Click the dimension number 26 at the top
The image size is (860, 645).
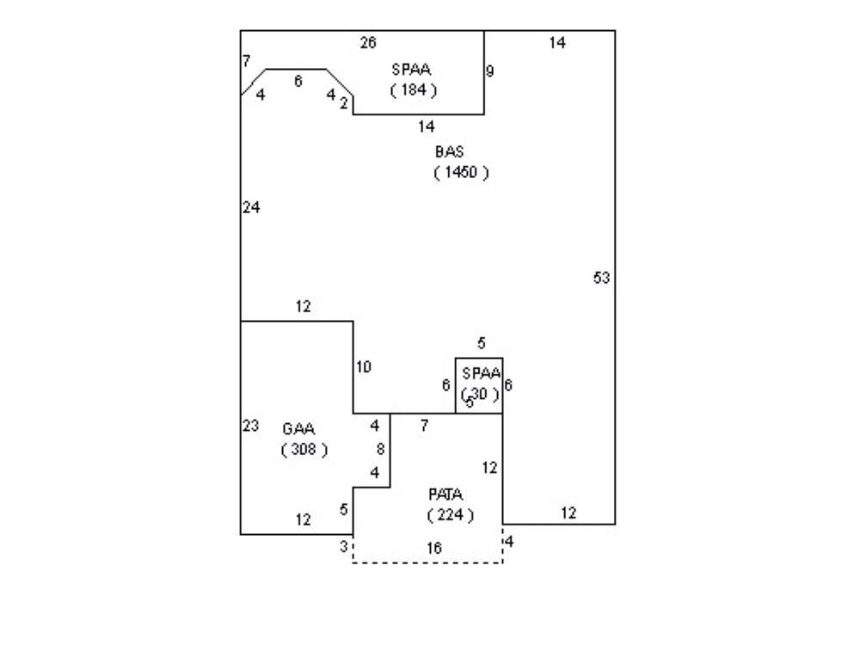pos(368,42)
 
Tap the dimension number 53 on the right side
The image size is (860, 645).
pos(602,277)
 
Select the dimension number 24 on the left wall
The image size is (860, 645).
pos(251,207)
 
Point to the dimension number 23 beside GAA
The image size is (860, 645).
pos(251,426)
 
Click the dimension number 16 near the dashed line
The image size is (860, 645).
pos(434,548)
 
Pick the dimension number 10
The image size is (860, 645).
pos(364,367)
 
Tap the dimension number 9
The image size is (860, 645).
pos(490,71)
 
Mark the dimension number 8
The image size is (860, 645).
pos(380,449)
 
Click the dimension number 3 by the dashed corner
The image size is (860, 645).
pos(343,546)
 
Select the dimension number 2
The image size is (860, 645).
pos(343,103)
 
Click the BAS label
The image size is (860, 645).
pos(449,151)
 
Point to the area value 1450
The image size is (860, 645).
pos(462,172)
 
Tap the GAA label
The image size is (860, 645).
pos(298,428)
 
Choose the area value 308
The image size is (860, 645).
pos(304,449)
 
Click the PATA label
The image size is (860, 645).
pos(445,494)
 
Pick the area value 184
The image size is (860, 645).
pos(413,89)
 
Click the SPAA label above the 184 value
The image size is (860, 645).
pos(410,71)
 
